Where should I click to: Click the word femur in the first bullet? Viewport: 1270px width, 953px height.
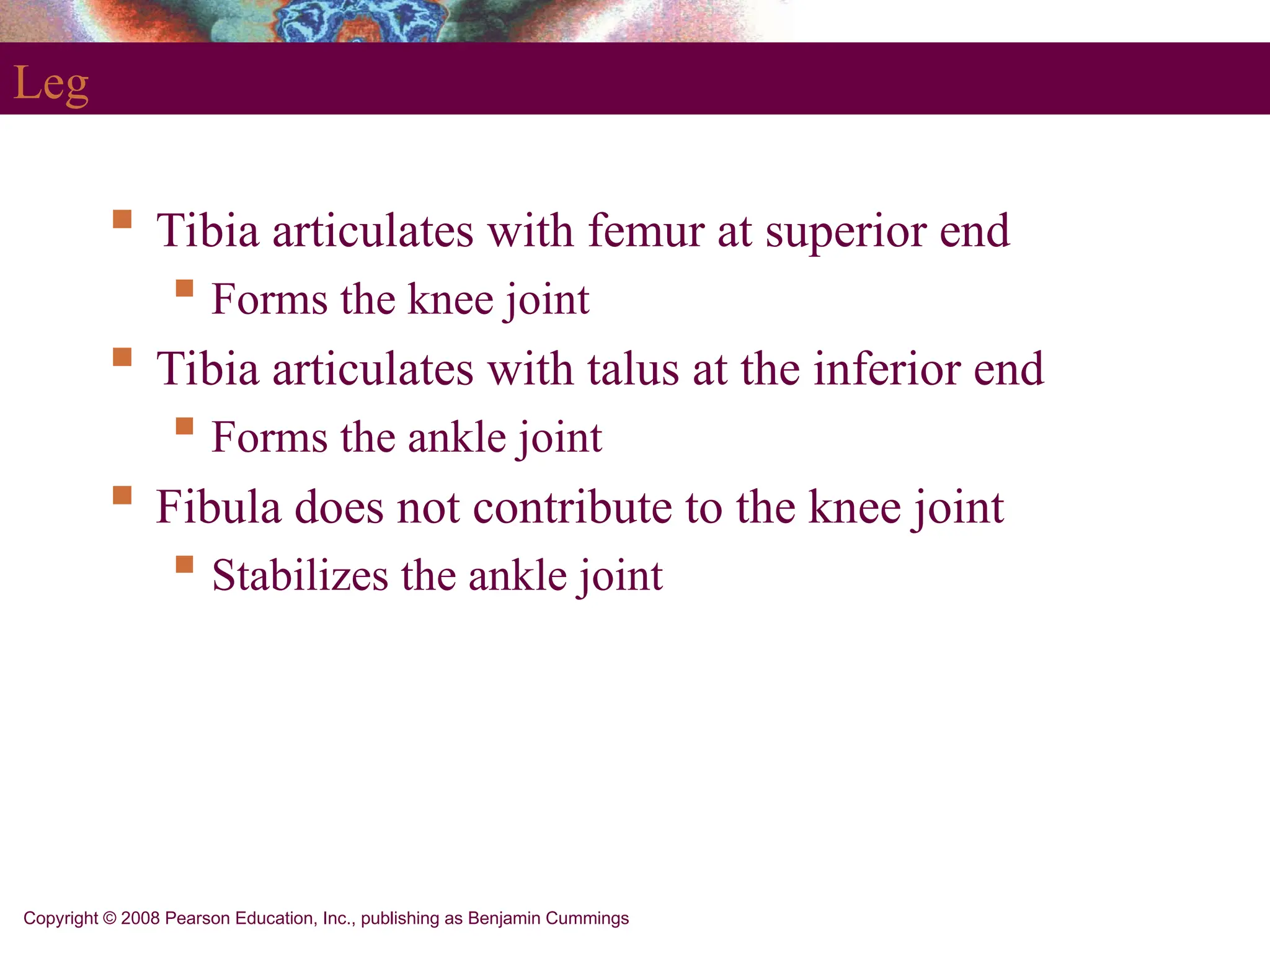coord(646,231)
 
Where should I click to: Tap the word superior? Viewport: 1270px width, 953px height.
coord(845,231)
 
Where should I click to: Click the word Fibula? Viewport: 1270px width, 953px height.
coord(218,507)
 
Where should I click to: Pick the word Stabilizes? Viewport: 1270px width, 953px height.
coord(300,575)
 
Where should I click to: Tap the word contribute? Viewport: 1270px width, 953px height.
coord(572,507)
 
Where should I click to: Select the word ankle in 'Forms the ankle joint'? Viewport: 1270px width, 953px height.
coord(456,437)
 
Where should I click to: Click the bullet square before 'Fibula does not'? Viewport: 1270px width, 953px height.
coord(122,495)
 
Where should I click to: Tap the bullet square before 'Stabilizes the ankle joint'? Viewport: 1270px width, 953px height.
coord(184,564)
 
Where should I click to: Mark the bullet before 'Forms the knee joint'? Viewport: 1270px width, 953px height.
coord(184,289)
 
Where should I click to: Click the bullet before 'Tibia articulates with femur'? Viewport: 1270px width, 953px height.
coord(122,220)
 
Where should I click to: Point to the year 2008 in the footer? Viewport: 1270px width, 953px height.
coord(140,918)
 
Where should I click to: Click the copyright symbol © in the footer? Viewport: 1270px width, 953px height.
coord(110,918)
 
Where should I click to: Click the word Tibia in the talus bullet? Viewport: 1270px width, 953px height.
coord(207,369)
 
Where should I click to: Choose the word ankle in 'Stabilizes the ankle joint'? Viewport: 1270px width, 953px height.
coord(517,575)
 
